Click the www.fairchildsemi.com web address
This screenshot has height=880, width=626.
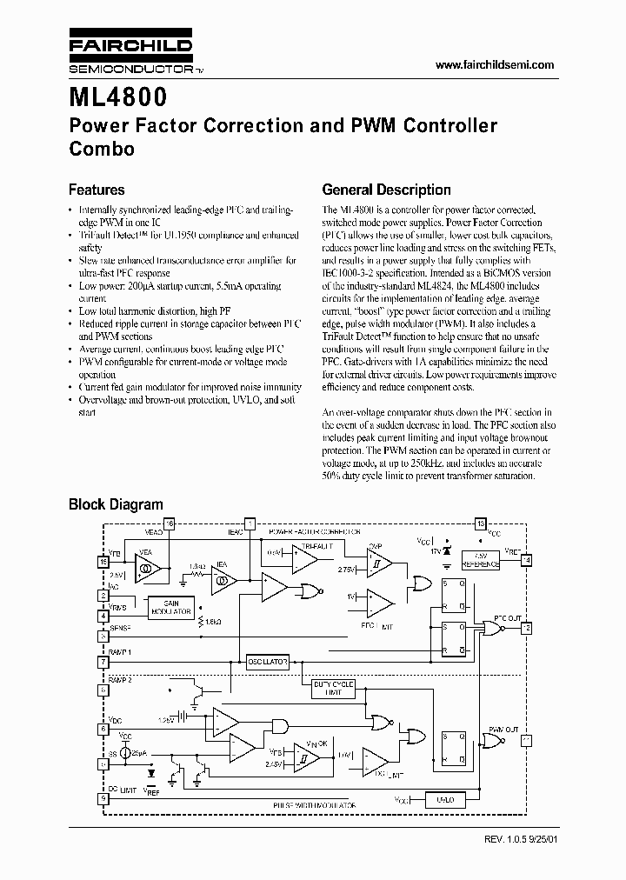(x=494, y=65)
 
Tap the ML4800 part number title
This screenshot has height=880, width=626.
(x=118, y=93)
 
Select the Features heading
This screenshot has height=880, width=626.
(x=97, y=190)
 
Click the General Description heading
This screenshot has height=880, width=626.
(x=386, y=190)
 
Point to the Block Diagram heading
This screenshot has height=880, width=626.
(x=116, y=504)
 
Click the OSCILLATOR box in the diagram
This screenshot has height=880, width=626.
(x=267, y=662)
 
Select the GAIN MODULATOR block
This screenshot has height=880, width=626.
(x=170, y=607)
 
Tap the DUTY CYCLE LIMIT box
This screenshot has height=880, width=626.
(x=334, y=688)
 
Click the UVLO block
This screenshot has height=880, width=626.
(x=444, y=799)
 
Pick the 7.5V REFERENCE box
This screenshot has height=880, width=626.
(x=479, y=559)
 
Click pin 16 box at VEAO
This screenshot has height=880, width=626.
(x=170, y=523)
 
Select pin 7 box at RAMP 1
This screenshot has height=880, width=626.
(x=103, y=662)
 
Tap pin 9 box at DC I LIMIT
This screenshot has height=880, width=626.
(x=103, y=798)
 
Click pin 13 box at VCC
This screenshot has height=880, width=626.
(x=480, y=523)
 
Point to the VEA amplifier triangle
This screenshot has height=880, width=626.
(x=147, y=570)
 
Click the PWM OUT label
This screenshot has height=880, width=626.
(x=502, y=729)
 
